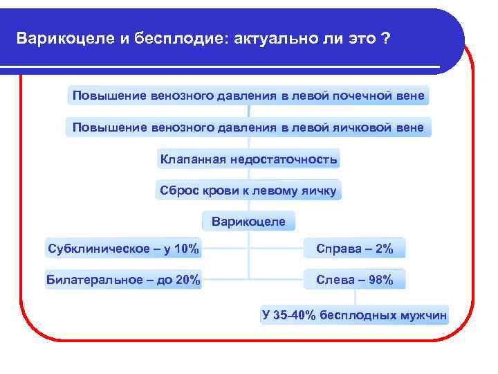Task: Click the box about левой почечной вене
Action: (x=248, y=95)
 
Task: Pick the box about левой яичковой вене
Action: (x=248, y=127)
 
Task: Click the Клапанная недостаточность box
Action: (x=248, y=159)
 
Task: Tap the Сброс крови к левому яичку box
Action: (x=248, y=190)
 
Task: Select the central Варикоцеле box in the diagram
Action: (x=248, y=222)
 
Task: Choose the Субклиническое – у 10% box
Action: (x=123, y=249)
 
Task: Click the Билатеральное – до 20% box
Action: (x=123, y=280)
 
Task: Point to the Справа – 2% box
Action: (x=355, y=249)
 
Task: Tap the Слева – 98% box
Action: (x=355, y=280)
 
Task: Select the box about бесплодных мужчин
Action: (x=355, y=315)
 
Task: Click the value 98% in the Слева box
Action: (x=380, y=280)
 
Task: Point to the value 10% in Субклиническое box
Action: (x=186, y=249)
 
